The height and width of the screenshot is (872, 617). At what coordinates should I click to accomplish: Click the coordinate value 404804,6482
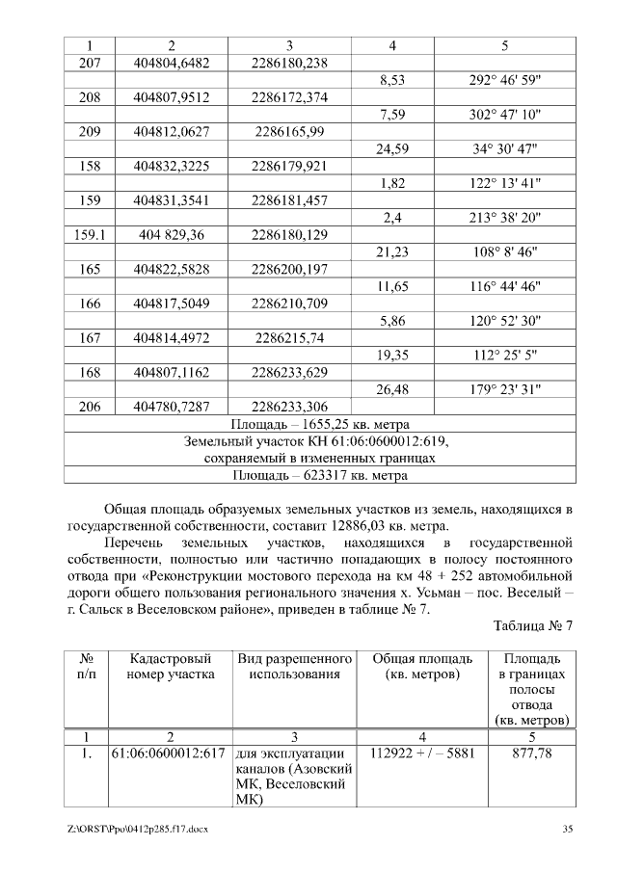[172, 63]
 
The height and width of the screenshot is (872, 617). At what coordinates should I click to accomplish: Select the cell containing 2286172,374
[289, 97]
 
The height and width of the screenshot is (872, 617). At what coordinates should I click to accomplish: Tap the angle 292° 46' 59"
[505, 80]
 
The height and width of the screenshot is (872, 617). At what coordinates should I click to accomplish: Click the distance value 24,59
[392, 149]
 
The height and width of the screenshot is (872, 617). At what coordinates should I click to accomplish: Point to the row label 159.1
[89, 235]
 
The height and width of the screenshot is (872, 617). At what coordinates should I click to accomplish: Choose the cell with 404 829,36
[172, 235]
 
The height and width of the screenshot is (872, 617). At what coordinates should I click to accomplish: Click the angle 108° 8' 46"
[505, 252]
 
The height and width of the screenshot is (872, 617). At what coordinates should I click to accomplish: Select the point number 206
[89, 407]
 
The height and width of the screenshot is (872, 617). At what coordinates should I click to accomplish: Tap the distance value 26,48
[392, 389]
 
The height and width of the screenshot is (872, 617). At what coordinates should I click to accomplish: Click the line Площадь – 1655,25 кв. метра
[320, 424]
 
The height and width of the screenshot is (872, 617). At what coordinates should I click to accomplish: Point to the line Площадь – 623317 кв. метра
[320, 475]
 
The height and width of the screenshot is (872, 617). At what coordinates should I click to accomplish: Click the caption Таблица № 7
[532, 625]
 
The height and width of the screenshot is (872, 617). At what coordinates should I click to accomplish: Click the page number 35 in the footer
[568, 829]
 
